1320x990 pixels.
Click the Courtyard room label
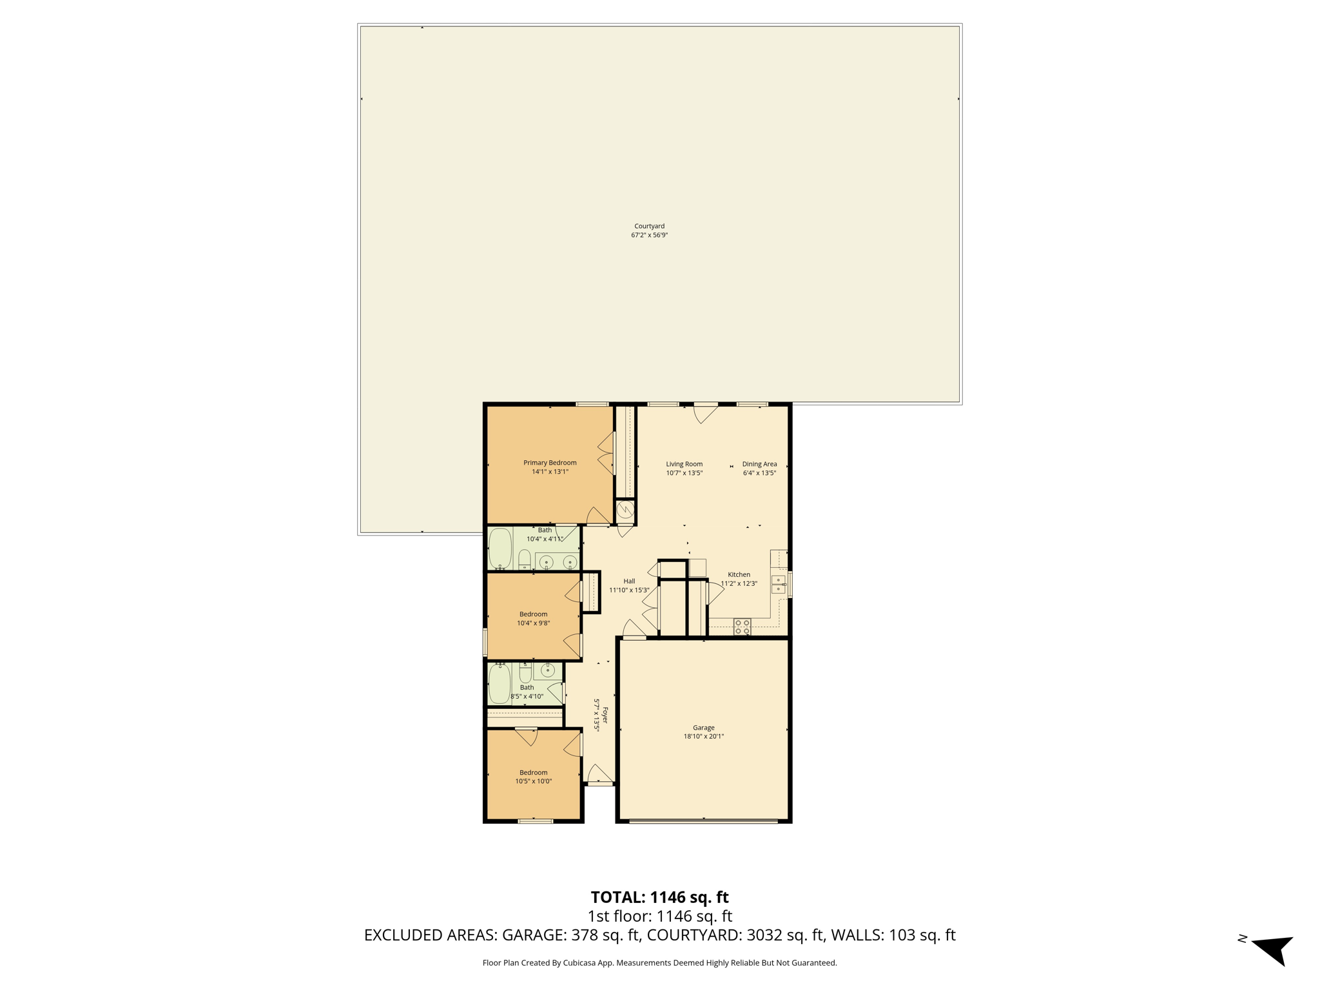click(649, 231)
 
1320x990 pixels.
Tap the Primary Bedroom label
click(550, 467)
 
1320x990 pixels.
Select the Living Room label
click(684, 469)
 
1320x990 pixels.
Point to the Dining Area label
click(759, 469)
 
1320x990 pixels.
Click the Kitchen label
click(739, 579)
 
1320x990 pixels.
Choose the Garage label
click(703, 732)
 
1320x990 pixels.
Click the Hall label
click(629, 585)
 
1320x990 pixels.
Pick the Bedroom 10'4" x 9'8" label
click(533, 619)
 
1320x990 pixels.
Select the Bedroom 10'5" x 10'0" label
click(533, 777)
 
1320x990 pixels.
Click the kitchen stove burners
click(742, 627)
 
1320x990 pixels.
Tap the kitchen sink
click(779, 585)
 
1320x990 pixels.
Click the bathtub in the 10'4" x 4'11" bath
click(500, 548)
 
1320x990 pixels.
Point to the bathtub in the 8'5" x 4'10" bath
click(500, 684)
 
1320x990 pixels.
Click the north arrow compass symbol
click(1272, 949)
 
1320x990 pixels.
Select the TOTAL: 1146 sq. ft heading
click(659, 897)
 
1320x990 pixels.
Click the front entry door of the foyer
click(600, 775)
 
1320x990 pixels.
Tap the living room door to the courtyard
click(706, 413)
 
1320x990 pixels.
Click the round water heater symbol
click(625, 511)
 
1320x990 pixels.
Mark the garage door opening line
click(703, 821)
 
